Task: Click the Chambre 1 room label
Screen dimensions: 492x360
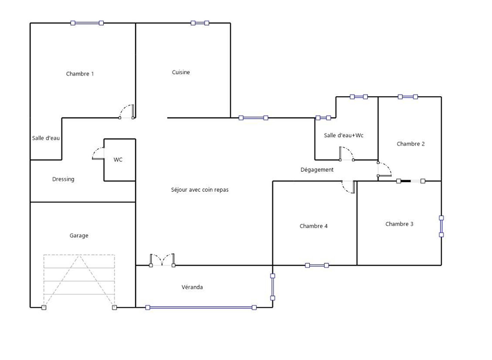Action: pyautogui.click(x=80, y=74)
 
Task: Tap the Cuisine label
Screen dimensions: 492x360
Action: pyautogui.click(x=181, y=72)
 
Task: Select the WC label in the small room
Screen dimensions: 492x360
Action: pyautogui.click(x=118, y=160)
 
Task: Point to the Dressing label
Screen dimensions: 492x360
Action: pyautogui.click(x=63, y=179)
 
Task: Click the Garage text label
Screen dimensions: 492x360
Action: pyautogui.click(x=79, y=236)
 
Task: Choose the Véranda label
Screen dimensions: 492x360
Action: pyautogui.click(x=192, y=287)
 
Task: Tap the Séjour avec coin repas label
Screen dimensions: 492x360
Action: pyautogui.click(x=200, y=190)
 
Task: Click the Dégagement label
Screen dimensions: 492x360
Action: pyautogui.click(x=317, y=170)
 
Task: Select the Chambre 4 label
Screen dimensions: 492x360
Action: pyautogui.click(x=314, y=226)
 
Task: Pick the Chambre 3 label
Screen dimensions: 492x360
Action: pyautogui.click(x=399, y=224)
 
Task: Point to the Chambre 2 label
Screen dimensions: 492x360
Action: pyautogui.click(x=411, y=144)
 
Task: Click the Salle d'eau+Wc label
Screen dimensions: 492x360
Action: pyautogui.click(x=344, y=135)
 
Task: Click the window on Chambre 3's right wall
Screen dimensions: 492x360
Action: pyautogui.click(x=441, y=226)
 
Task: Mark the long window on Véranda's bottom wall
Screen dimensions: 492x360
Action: pyautogui.click(x=201, y=308)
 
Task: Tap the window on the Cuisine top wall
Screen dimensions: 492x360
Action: pyautogui.click(x=200, y=23)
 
